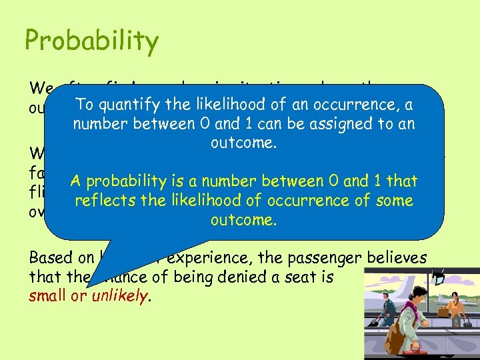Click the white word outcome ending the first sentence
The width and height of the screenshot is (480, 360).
(x=242, y=143)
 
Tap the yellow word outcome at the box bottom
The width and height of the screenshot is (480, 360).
(x=242, y=220)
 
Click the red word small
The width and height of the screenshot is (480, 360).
(x=48, y=296)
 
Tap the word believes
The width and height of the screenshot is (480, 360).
(x=393, y=258)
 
